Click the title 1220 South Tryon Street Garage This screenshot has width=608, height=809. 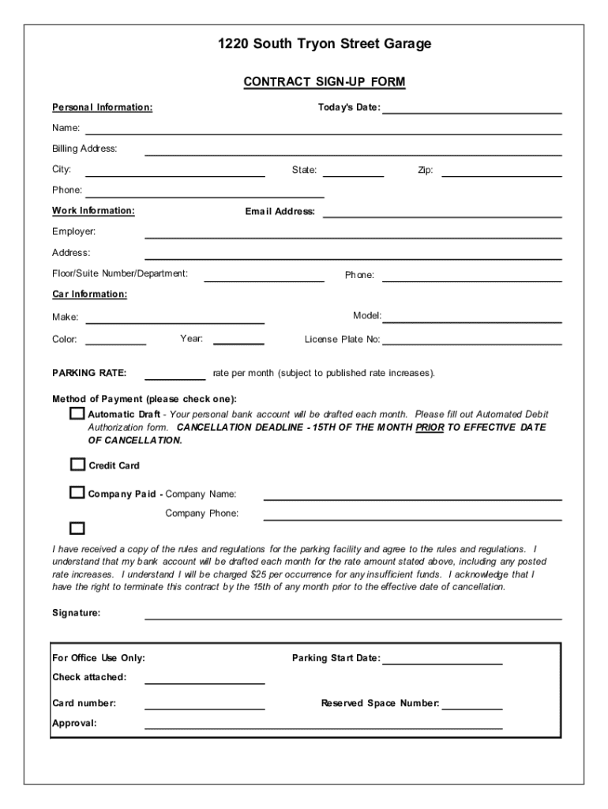tap(325, 44)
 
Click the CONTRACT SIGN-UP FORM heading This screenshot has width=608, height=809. tap(325, 82)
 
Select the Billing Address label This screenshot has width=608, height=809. tap(84, 149)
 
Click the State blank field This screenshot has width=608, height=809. tap(353, 170)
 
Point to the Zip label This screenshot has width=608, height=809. tap(425, 170)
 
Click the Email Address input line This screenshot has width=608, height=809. tap(442, 211)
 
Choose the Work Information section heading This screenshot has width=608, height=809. tap(93, 211)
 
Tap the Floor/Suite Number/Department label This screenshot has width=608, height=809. tap(120, 273)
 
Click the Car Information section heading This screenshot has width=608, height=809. tap(89, 294)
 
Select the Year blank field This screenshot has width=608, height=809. tap(238, 339)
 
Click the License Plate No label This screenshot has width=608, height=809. tap(342, 340)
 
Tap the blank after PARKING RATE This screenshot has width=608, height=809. tap(175, 373)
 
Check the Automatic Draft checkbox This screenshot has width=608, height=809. tap(77, 414)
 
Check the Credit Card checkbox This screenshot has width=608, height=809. tap(77, 465)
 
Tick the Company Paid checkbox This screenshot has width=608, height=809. tap(77, 493)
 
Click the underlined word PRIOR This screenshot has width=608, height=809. tap(430, 427)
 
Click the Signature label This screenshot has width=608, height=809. tap(76, 613)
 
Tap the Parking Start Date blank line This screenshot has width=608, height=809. tap(442, 658)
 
